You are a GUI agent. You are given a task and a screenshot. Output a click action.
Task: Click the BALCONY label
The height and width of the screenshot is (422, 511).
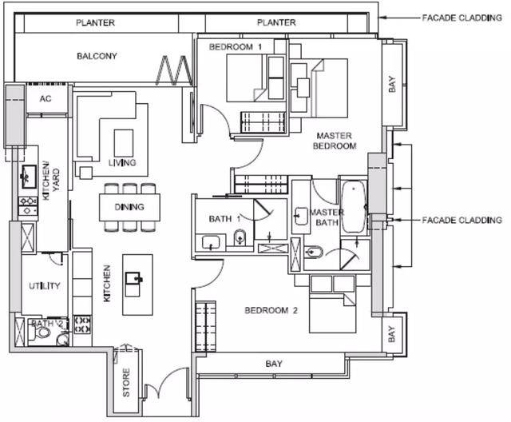pos(97,56)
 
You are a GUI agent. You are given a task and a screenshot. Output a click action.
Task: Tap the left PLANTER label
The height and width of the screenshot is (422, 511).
pos(95,22)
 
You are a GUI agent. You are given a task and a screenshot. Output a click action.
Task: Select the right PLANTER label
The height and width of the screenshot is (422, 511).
pos(276,22)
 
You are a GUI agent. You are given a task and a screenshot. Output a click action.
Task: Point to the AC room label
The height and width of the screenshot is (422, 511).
pos(46,98)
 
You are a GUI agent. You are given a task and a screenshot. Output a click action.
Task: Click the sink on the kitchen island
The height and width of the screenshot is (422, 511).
pos(133,280)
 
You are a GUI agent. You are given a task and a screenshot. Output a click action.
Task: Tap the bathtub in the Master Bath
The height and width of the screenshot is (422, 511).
pos(353,207)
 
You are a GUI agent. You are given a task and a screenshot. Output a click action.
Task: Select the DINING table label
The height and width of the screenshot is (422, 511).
pos(129,207)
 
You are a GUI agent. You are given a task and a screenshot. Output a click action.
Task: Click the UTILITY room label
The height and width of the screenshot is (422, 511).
pos(45,286)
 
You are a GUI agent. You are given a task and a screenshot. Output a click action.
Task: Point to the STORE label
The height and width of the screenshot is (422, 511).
pos(126,383)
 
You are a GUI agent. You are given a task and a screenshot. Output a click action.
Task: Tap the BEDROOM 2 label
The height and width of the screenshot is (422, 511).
pos(271,310)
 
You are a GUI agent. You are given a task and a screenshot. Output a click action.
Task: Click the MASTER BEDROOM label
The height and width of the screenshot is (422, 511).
pos(335,141)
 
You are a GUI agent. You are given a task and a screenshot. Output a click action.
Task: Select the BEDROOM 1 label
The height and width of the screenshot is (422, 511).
pos(236,47)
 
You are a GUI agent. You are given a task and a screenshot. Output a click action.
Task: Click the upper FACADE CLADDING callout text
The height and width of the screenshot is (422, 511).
pos(461,18)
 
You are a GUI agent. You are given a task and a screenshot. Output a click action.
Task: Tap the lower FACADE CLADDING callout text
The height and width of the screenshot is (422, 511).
pos(461,220)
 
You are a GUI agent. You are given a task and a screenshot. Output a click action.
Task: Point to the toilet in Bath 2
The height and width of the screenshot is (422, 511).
pos(41,332)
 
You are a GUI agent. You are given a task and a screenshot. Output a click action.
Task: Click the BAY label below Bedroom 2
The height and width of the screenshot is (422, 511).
pos(274,364)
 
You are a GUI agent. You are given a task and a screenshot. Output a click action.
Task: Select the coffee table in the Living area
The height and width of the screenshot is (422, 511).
pos(124,143)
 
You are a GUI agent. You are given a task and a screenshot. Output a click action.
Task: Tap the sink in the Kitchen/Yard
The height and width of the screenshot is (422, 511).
pos(29,177)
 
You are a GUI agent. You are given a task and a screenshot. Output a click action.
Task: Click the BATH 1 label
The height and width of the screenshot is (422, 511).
pos(224,219)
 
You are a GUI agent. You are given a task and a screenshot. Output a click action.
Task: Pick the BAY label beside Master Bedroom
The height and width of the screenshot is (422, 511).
pos(392,84)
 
